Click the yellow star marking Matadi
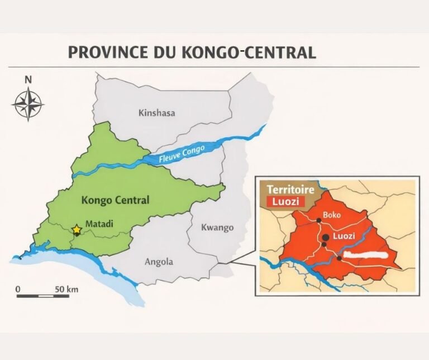(x=77, y=230)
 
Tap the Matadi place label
(x=99, y=224)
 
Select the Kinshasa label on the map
(x=156, y=113)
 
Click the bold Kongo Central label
(x=115, y=200)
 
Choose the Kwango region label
(x=217, y=228)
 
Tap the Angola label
(x=159, y=262)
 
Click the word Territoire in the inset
(x=290, y=190)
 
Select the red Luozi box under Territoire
(x=285, y=202)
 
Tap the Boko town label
(x=332, y=215)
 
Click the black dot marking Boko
(x=319, y=220)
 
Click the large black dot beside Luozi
(x=326, y=237)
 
